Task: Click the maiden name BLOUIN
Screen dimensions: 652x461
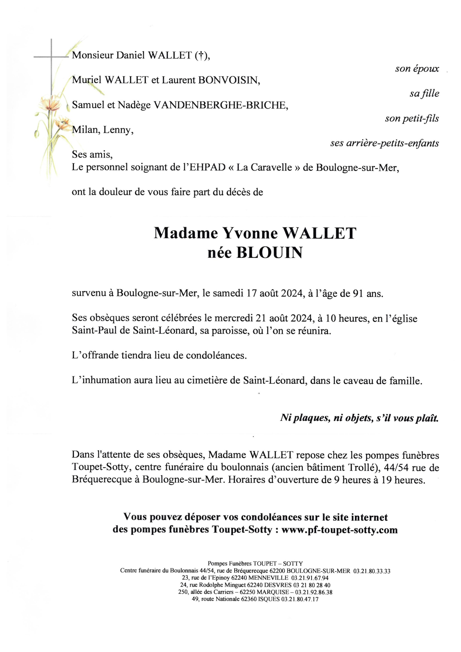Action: point(269,253)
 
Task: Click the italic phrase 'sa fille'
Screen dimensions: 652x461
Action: point(424,93)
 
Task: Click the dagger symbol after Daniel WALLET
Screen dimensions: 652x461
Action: point(201,56)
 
